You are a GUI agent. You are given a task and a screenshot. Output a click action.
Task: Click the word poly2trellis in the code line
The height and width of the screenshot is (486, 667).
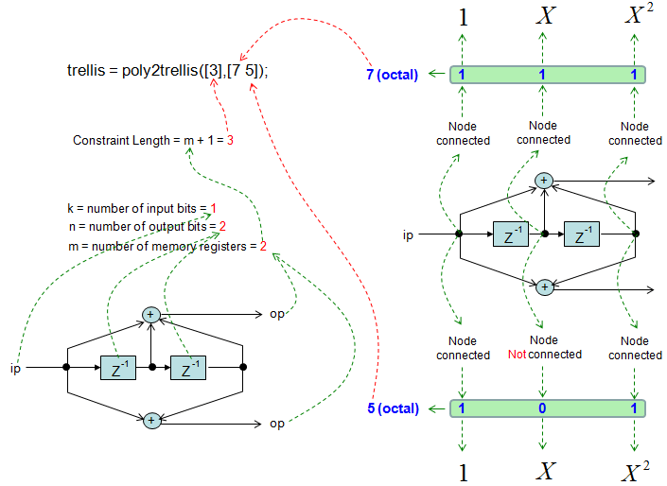click(x=156, y=70)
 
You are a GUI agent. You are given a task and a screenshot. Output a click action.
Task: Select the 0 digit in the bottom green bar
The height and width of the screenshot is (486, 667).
click(x=542, y=408)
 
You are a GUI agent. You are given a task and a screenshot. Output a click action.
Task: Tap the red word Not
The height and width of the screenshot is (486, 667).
click(x=518, y=354)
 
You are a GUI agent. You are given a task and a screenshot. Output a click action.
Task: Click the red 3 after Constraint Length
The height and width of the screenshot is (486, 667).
click(x=229, y=140)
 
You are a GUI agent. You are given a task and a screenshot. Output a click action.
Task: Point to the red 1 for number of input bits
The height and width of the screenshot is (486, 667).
click(x=214, y=208)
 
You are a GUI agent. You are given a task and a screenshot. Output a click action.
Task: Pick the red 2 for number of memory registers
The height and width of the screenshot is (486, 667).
click(x=263, y=246)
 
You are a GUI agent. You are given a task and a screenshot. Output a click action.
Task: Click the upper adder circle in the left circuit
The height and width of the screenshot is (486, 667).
click(x=150, y=314)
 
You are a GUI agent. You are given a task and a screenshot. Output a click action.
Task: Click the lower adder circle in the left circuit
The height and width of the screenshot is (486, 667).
click(x=150, y=420)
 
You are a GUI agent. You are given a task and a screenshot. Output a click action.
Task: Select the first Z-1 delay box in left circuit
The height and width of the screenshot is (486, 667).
click(x=117, y=367)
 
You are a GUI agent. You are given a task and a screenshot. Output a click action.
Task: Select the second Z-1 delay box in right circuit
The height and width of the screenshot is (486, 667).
click(x=582, y=234)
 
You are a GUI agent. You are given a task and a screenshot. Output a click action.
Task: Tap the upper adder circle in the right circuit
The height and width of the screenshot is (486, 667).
click(x=544, y=180)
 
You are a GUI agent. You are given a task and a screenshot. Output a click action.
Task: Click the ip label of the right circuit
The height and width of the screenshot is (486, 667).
click(x=408, y=234)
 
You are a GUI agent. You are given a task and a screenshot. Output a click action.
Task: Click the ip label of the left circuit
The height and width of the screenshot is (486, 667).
click(x=16, y=366)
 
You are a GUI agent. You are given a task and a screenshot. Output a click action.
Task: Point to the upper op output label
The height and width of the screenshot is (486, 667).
click(x=277, y=314)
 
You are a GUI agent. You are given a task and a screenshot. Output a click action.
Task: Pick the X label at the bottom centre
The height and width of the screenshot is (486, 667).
click(x=545, y=471)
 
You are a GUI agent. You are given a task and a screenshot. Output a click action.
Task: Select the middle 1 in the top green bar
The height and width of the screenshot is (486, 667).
click(x=542, y=74)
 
